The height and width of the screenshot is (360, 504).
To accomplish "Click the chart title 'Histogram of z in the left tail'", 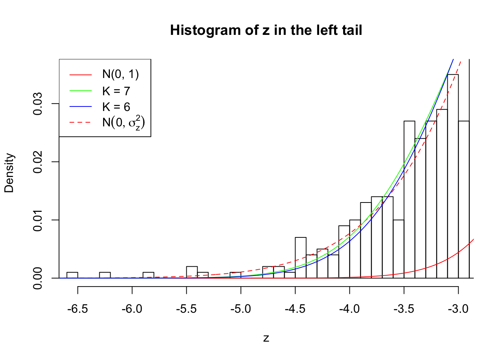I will tap(266, 30).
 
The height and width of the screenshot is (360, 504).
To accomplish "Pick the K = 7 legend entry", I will tap(116, 91).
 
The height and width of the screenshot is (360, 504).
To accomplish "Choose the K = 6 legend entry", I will tap(116, 107).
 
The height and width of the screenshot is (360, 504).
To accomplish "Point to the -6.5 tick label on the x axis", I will tap(78, 309).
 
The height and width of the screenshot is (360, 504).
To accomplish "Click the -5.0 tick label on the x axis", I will tap(241, 309).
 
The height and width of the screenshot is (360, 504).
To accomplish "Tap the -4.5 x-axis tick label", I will tap(295, 309).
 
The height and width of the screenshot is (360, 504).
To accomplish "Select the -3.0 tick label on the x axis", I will tap(458, 309).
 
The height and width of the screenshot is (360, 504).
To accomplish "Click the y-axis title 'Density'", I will tap(9, 173).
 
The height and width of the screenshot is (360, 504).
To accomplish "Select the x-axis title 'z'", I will tap(266, 338).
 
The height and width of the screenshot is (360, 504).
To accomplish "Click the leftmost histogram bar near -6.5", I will tap(72, 275).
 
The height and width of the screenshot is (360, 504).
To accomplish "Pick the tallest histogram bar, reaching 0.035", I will tap(453, 176).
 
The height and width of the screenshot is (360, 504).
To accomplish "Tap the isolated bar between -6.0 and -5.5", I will tap(148, 275).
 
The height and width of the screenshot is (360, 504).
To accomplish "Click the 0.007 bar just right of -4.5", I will tap(301, 258).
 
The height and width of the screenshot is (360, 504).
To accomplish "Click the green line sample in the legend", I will tap(80, 91).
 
